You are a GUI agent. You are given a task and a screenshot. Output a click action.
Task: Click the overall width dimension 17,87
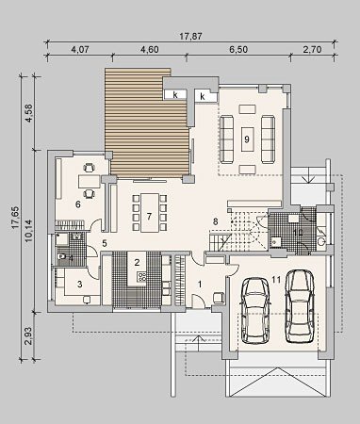pyautogui.click(x=190, y=36)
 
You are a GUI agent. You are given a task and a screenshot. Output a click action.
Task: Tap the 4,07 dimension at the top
pyautogui.click(x=80, y=49)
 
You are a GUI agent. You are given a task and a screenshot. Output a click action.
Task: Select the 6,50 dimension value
pyautogui.click(x=238, y=49)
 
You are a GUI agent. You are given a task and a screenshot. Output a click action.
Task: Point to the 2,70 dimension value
pyautogui.click(x=312, y=49)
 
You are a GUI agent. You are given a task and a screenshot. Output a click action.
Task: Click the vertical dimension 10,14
pyautogui.click(x=28, y=231)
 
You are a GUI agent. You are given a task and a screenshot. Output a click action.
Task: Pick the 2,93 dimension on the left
pyautogui.click(x=28, y=335)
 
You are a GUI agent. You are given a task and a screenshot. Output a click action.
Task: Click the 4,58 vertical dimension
pyautogui.click(x=28, y=113)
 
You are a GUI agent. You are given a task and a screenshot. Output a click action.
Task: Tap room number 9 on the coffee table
pyautogui.click(x=247, y=139)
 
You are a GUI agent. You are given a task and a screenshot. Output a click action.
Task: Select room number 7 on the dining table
pyautogui.click(x=149, y=216)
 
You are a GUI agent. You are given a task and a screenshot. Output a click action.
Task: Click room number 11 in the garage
pyautogui.click(x=276, y=280)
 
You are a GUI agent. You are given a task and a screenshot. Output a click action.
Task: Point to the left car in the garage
pyautogui.click(x=255, y=310)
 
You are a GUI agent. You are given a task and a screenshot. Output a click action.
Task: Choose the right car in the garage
pyautogui.click(x=300, y=306)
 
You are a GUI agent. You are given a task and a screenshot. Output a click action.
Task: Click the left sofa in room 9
pyautogui.click(x=226, y=139)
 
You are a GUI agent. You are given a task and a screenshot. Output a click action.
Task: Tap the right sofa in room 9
pyautogui.click(x=269, y=139)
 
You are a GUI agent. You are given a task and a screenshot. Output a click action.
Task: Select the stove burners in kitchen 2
pyautogui.click(x=141, y=276)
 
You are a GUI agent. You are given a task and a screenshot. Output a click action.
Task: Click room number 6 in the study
pyautogui.click(x=78, y=204)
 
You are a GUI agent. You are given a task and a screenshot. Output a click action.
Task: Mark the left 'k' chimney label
pyautogui.click(x=175, y=95)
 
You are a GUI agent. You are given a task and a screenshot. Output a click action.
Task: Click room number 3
pyautogui.click(x=80, y=285)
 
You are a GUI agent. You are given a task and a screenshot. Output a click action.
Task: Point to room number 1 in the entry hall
pyautogui.click(x=200, y=285)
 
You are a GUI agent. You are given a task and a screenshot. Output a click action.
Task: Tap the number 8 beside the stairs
pyautogui.click(x=215, y=221)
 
